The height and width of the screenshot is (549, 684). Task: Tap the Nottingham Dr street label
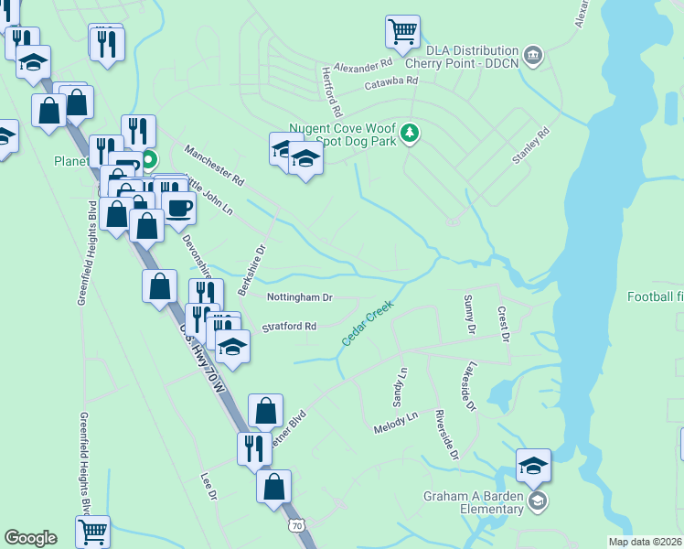pos(300,297)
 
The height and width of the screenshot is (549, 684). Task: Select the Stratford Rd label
pos(289,327)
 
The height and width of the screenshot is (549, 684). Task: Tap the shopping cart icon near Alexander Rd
pos(402,33)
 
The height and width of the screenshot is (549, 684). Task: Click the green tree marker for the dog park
pos(411,134)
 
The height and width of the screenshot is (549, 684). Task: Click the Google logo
pos(30,538)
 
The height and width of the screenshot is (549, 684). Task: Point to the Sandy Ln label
pos(399,388)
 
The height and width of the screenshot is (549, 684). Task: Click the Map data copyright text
pos(646,542)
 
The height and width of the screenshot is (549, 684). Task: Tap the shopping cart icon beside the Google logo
pos(92,532)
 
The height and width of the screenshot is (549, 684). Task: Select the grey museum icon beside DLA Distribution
pos(534,57)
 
